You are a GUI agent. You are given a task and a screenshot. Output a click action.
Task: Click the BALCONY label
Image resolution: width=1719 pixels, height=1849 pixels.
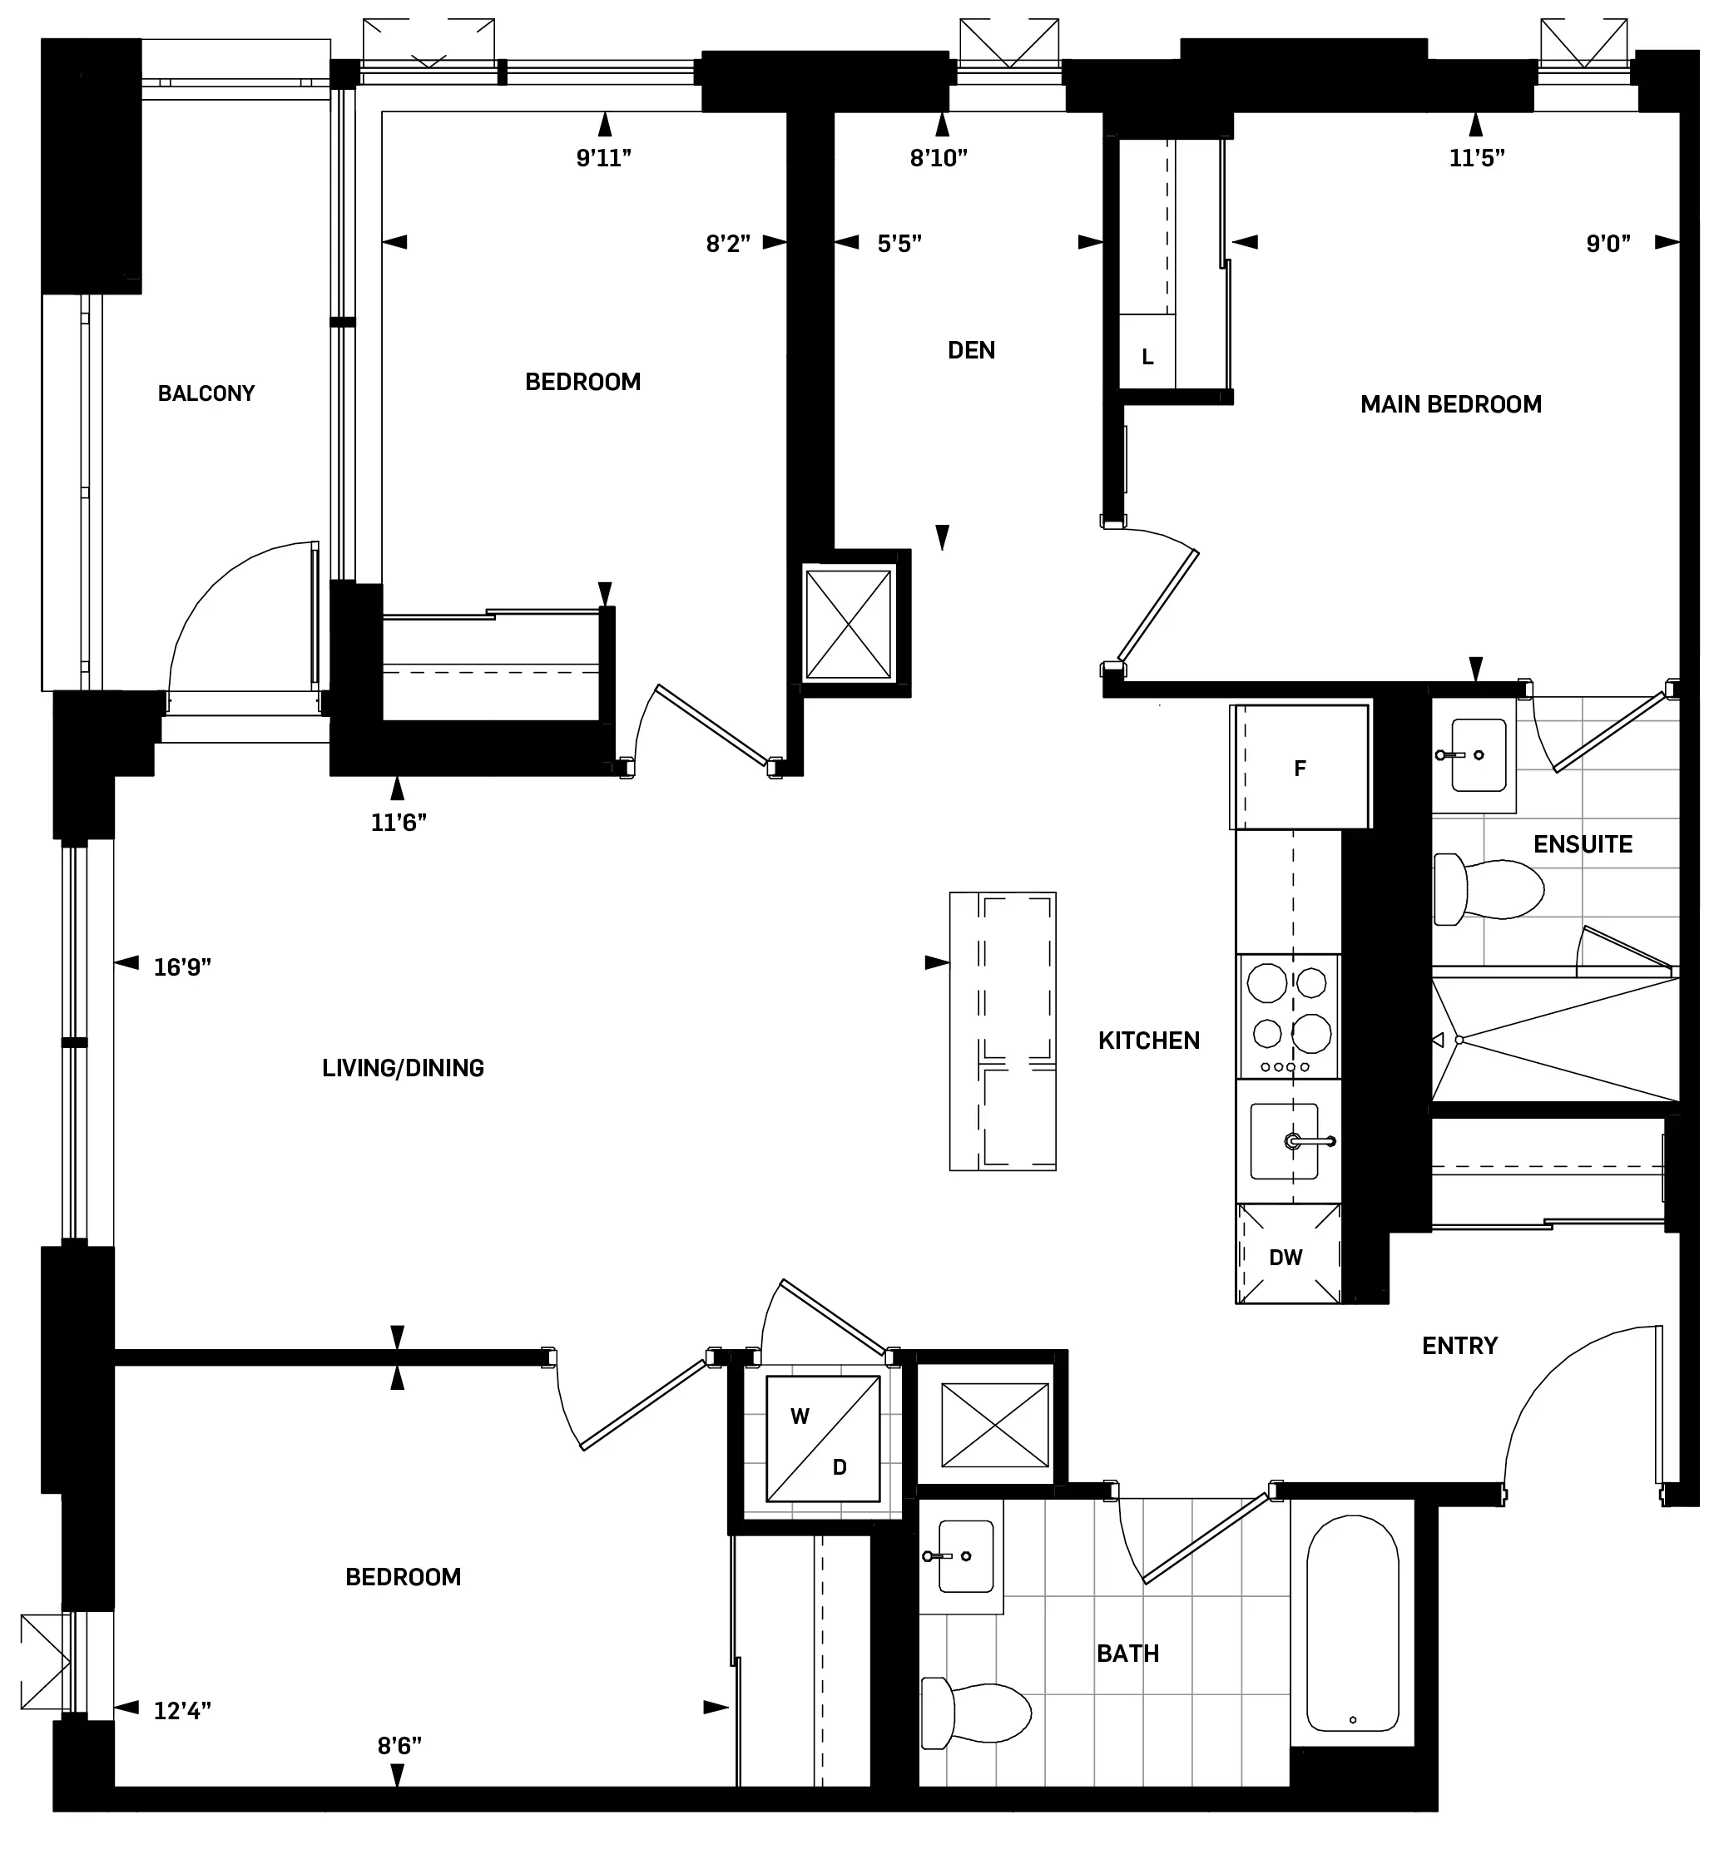point(206,393)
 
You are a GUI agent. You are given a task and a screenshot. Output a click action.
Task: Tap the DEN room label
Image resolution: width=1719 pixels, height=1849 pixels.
point(971,351)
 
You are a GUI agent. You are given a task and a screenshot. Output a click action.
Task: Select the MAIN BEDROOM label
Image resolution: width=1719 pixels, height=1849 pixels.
point(1450,404)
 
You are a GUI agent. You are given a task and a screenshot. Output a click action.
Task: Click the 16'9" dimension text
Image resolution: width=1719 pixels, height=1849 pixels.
point(182,967)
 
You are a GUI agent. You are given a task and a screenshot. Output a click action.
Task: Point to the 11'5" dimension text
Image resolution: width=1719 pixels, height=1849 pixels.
point(1476,158)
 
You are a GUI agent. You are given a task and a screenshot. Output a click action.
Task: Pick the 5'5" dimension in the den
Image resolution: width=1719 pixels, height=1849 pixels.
point(899,244)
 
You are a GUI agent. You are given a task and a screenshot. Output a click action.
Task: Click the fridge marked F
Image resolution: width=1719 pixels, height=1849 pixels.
point(1300,768)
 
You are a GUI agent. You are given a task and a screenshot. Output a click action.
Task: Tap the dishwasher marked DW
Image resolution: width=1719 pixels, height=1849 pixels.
point(1286,1258)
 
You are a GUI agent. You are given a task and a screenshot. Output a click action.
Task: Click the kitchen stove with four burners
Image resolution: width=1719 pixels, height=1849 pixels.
point(1288,1016)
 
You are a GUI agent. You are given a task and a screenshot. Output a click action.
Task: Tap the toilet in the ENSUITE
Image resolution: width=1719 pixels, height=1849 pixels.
point(1487,890)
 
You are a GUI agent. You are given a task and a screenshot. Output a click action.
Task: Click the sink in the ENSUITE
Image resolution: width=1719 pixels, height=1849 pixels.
point(1477,754)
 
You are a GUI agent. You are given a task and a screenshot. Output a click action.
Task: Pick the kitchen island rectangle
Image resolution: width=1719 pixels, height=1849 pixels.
point(1002,1031)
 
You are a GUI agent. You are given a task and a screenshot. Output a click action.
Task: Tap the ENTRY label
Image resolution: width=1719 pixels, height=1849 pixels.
point(1459,1346)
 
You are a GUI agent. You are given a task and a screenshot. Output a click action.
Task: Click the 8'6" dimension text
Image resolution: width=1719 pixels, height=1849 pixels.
point(399,1746)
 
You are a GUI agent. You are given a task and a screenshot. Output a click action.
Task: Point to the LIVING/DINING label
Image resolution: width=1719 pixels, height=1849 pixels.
point(403,1068)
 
